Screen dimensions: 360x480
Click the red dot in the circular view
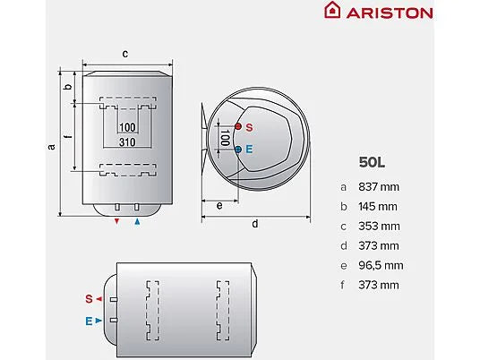point(237,126)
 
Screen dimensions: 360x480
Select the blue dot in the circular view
point(237,150)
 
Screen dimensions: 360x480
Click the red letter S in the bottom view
point(89,297)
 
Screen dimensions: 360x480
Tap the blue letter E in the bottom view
point(89,319)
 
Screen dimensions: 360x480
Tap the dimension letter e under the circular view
point(219,205)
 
